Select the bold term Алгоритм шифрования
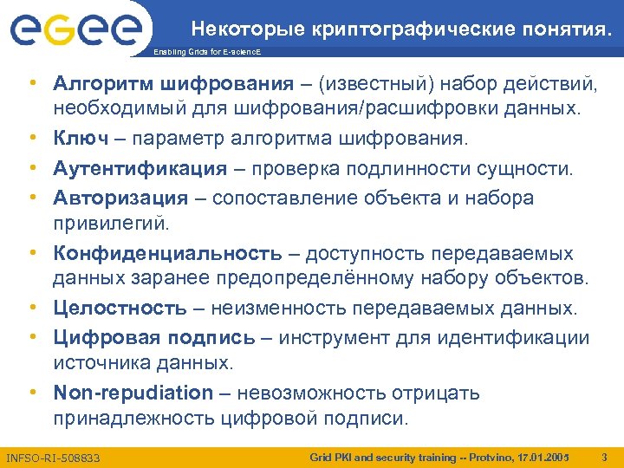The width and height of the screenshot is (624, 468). (x=173, y=84)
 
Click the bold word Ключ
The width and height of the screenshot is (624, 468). (x=81, y=140)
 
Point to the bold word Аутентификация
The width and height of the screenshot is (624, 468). (x=140, y=168)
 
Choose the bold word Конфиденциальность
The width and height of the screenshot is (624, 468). (x=167, y=253)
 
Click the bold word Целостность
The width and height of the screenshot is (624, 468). (x=120, y=309)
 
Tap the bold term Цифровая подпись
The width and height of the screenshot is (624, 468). (x=154, y=337)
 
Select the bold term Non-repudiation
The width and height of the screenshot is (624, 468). (x=133, y=393)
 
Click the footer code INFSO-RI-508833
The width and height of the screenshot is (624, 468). (x=52, y=457)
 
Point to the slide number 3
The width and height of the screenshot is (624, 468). (x=604, y=456)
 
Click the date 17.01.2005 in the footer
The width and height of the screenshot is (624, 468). (x=543, y=456)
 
